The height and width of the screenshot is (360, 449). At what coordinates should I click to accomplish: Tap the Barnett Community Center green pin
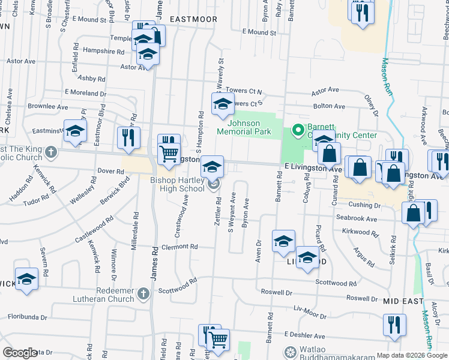click(296, 130)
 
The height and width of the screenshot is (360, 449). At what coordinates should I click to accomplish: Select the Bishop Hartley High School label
click(177, 185)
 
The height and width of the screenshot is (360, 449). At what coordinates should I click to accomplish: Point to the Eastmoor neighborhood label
click(193, 20)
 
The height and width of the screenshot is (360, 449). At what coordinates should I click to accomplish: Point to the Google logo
click(20, 353)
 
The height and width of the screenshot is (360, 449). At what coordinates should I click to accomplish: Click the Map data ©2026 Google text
click(412, 355)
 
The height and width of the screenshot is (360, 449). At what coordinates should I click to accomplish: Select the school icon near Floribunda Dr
click(26, 280)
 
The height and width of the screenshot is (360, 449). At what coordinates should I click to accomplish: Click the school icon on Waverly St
click(223, 104)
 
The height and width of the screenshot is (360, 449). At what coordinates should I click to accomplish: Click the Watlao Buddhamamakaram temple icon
click(291, 352)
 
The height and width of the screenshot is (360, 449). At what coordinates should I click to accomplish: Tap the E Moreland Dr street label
click(85, 93)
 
